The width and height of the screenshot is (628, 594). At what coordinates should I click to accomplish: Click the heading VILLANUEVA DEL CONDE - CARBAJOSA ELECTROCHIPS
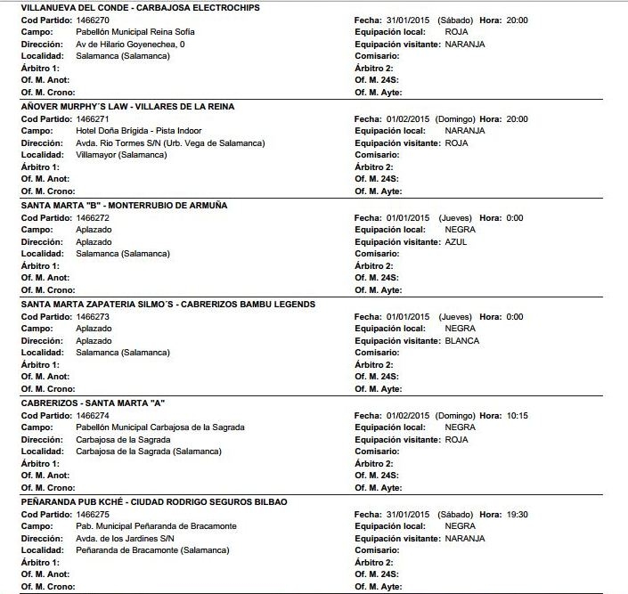click(120, 8)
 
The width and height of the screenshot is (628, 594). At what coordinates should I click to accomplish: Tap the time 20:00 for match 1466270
click(517, 20)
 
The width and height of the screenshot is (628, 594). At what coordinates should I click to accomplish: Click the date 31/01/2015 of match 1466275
click(409, 514)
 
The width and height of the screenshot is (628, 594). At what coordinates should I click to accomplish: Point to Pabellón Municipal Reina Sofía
click(136, 32)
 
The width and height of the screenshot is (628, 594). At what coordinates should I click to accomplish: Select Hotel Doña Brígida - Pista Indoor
click(139, 131)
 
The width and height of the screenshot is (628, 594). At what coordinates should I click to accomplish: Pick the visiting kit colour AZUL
click(455, 241)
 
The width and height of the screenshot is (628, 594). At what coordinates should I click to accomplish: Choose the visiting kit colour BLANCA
click(461, 340)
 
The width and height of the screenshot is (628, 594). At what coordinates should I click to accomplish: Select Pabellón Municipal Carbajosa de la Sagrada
click(160, 427)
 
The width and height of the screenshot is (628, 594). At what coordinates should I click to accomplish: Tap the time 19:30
click(517, 514)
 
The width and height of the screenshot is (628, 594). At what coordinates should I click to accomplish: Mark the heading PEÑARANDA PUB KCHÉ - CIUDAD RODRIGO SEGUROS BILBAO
click(154, 501)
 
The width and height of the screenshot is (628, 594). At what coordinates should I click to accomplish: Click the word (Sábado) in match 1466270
click(455, 20)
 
